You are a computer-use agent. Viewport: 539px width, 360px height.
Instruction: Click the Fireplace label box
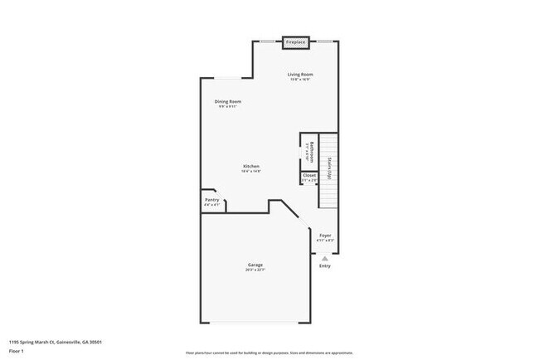[294, 41]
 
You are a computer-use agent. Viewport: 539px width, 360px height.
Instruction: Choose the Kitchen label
[251, 166]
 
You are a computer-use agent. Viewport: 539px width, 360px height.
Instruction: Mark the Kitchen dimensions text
[251, 172]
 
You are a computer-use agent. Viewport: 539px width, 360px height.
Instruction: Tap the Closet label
[309, 175]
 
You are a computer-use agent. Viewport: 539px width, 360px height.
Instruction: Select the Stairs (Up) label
[329, 168]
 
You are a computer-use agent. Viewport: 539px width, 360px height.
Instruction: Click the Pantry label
[211, 199]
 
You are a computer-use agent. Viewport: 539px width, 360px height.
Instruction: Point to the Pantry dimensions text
[211, 205]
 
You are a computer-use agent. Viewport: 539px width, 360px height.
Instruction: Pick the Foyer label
[325, 236]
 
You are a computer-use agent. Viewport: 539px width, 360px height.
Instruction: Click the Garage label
[255, 265]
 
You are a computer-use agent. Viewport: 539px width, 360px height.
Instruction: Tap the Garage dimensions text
[255, 270]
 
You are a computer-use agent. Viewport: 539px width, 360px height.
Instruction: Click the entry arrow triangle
[325, 257]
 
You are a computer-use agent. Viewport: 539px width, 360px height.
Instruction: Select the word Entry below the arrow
[325, 265]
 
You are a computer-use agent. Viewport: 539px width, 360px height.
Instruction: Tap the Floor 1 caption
[17, 351]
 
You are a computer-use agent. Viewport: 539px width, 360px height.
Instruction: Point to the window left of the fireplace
[267, 41]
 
